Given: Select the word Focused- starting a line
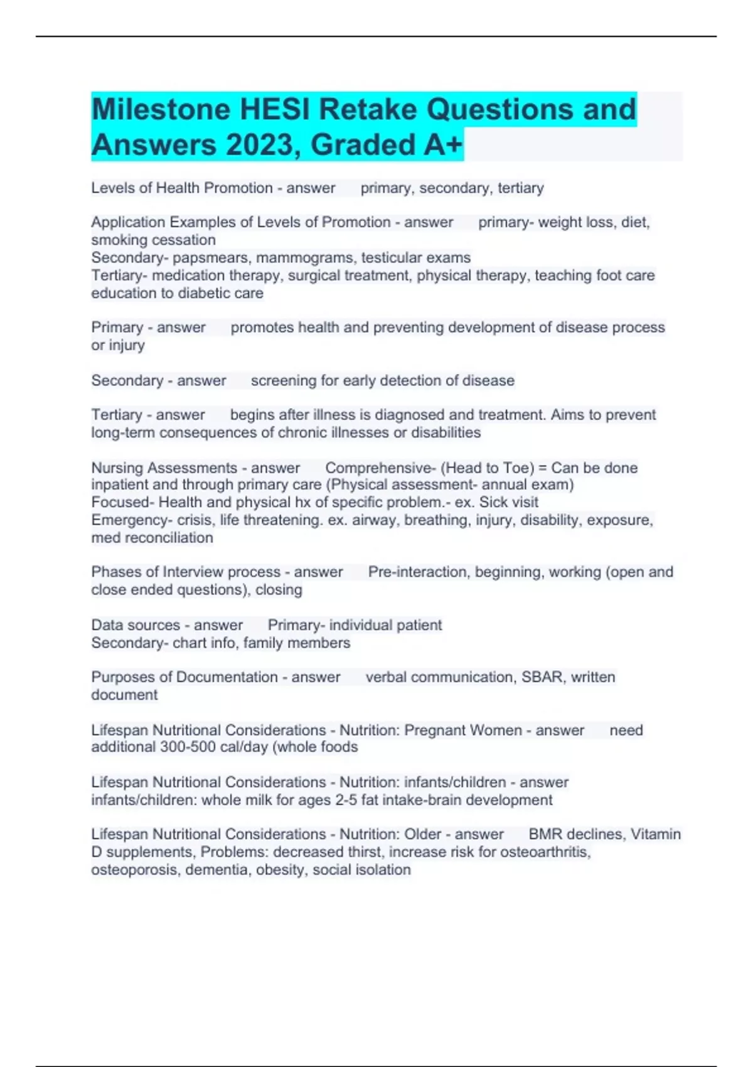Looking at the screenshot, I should pos(122,503).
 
